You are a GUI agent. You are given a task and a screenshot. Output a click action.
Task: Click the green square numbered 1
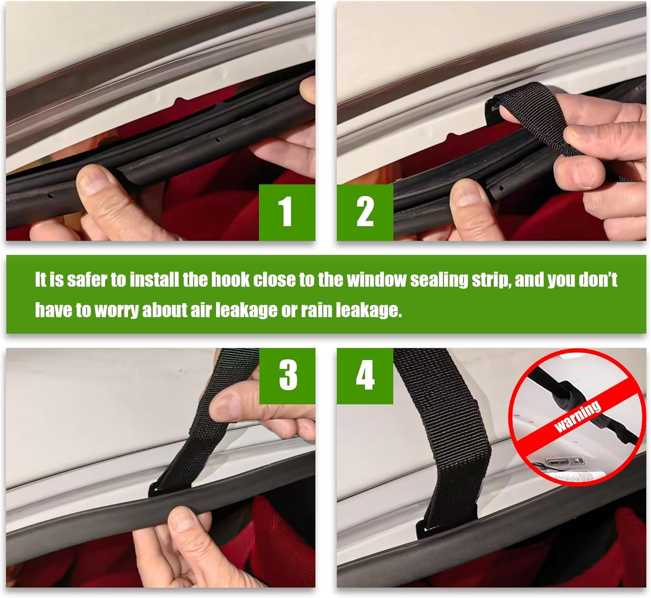pyautogui.click(x=287, y=212)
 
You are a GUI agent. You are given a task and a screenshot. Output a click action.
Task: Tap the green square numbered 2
pyautogui.click(x=365, y=212)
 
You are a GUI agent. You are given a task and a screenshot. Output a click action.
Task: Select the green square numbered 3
pyautogui.click(x=287, y=376)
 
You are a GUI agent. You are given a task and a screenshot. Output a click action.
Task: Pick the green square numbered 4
pyautogui.click(x=365, y=376)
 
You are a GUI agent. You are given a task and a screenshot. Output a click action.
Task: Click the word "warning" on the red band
pyautogui.click(x=578, y=417)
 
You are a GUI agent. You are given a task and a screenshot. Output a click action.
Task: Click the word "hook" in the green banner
pyautogui.click(x=230, y=279)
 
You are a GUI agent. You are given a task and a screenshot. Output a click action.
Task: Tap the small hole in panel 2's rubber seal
pyautogui.click(x=501, y=188)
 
